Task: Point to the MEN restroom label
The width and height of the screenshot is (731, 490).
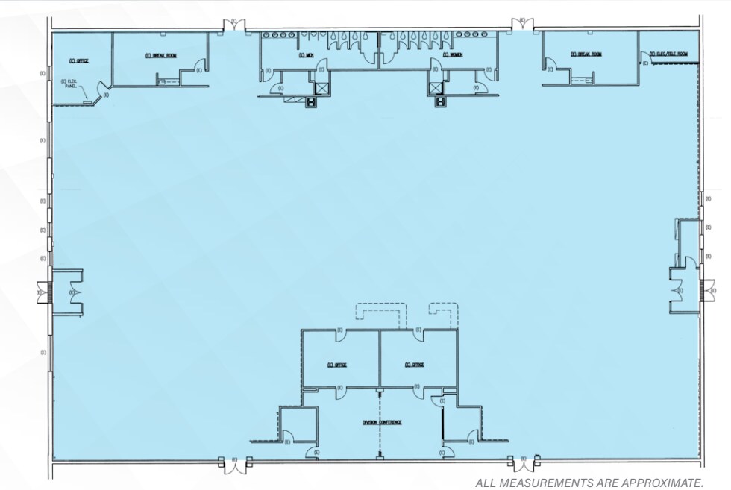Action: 306,54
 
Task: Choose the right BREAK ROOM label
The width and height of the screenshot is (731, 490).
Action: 586,54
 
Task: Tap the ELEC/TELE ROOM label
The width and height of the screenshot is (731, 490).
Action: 668,54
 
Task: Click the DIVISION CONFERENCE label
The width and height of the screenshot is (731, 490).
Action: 383,422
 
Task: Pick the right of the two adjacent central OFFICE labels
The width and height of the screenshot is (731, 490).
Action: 415,365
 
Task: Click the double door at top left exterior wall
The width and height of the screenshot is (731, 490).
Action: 235,27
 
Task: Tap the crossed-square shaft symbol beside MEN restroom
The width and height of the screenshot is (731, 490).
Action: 322,89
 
